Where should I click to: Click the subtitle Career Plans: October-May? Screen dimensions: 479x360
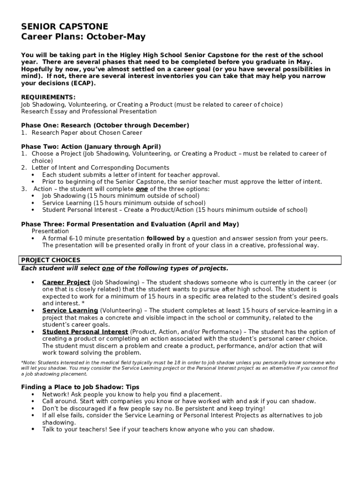pos(83,37)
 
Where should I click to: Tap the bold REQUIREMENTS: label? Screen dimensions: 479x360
pos(48,97)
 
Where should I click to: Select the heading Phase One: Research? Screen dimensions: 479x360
pos(105,125)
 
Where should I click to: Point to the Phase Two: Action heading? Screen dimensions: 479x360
pos(91,146)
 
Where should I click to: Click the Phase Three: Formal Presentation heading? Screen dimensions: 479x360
pos(130,224)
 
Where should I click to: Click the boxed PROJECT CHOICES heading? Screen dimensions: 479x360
pos(51,260)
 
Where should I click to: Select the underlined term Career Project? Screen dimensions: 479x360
pos(66,283)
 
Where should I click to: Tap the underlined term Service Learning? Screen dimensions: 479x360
pos(70,311)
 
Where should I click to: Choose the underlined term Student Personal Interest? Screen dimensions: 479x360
pos(85,332)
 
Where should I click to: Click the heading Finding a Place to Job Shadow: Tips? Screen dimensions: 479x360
pos(80,387)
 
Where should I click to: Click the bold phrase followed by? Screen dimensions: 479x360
pos(166,238)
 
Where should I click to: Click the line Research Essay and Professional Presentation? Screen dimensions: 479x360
pos(89,111)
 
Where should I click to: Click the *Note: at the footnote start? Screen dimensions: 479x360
pos(29,363)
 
